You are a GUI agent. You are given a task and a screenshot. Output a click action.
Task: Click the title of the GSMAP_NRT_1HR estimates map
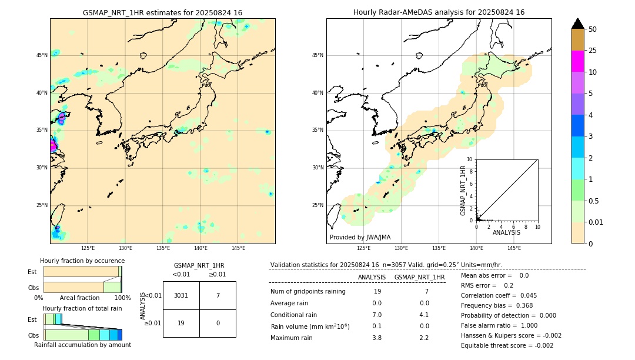click(162, 12)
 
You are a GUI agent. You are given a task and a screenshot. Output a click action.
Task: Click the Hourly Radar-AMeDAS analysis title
click(439, 12)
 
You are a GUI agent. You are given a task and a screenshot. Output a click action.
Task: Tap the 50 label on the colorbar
click(593, 29)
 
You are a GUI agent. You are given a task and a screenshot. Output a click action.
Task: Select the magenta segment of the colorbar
click(577, 61)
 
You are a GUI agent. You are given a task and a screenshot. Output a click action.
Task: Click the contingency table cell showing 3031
click(181, 295)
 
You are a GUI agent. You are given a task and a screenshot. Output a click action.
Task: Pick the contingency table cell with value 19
click(181, 323)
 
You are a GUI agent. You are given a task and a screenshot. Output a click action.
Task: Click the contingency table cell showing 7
click(218, 295)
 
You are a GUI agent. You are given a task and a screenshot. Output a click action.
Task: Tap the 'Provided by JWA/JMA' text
click(360, 237)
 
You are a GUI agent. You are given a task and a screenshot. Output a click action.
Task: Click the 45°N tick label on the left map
click(42, 55)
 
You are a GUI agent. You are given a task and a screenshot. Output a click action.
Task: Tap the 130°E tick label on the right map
click(401, 248)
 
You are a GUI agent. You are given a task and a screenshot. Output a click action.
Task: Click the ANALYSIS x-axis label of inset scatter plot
click(506, 232)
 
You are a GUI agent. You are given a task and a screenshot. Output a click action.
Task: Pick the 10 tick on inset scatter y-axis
click(470, 159)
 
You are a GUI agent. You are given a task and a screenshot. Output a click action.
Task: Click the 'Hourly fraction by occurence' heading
click(82, 261)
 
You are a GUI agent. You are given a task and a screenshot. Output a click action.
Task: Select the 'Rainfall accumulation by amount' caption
click(82, 345)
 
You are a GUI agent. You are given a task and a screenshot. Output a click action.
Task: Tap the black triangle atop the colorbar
click(577, 24)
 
